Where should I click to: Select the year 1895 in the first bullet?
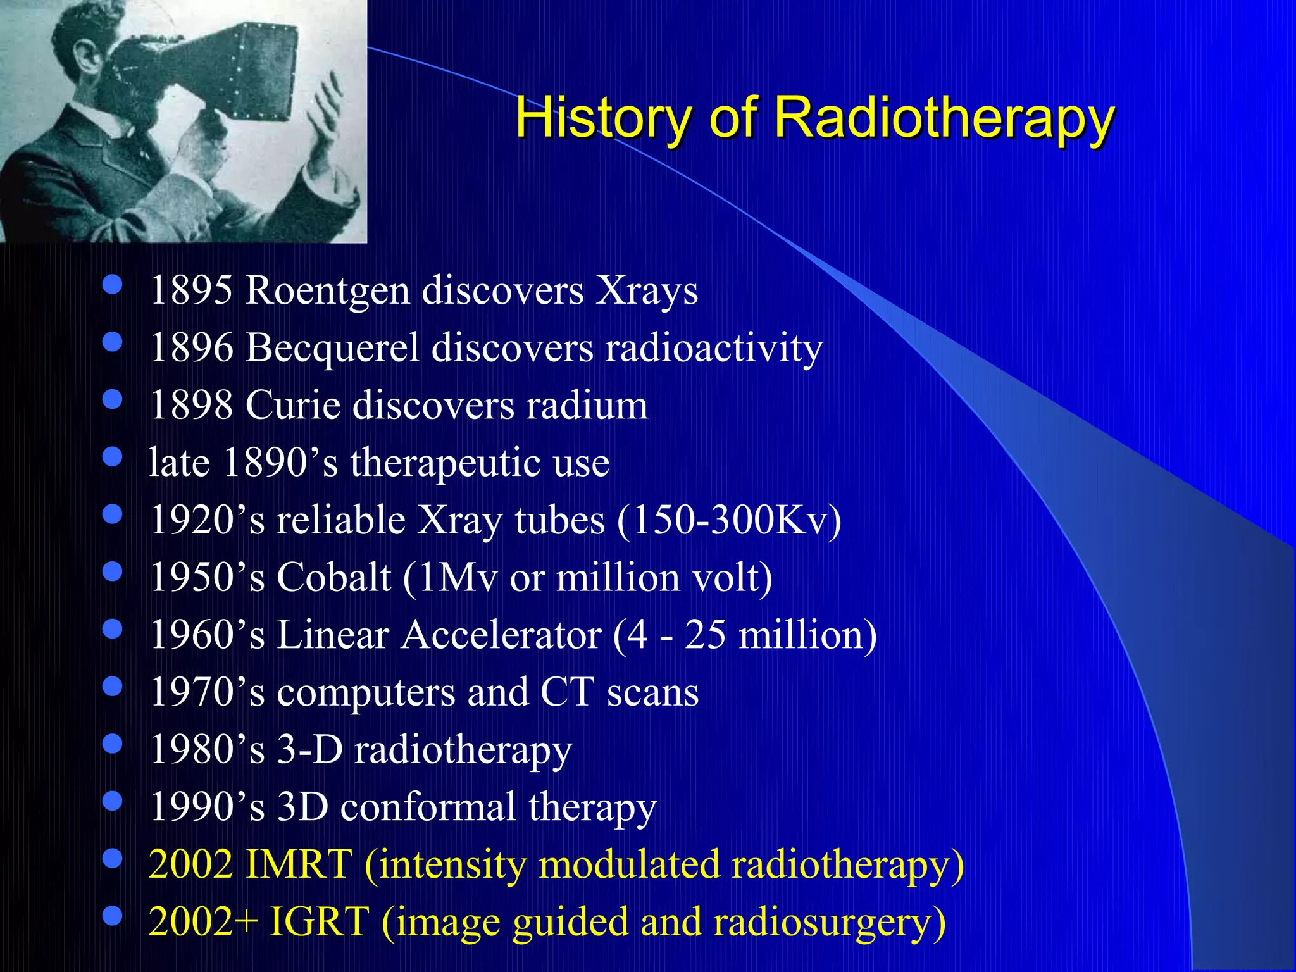pos(191,291)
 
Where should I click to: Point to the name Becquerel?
pos(332,349)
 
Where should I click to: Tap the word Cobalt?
pos(333,578)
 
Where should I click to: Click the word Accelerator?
pos(501,635)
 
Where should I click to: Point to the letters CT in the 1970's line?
pos(567,692)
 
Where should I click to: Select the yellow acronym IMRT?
pos(297,864)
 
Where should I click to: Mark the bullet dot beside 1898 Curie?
pos(112,400)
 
